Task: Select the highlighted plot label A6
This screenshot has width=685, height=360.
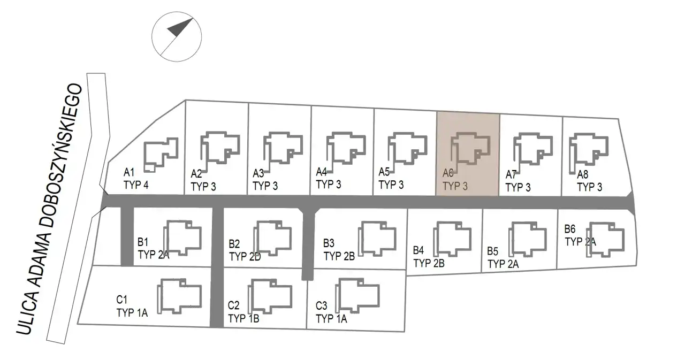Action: [448, 173]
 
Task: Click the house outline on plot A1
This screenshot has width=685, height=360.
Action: [160, 154]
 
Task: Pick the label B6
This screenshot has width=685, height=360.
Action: [570, 229]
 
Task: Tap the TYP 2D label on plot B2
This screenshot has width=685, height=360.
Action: [245, 256]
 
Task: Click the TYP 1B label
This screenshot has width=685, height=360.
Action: [243, 318]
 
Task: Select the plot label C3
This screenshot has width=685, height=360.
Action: [322, 307]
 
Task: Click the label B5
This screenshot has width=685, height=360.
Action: [493, 251]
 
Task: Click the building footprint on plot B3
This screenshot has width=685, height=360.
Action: [378, 236]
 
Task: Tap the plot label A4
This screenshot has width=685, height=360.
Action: [322, 172]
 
